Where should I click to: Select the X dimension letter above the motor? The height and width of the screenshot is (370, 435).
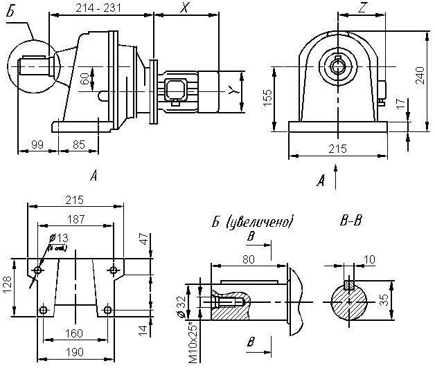(184, 8)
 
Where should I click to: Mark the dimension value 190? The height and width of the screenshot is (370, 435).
(74, 352)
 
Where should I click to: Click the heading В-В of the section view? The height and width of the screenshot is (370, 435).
(352, 222)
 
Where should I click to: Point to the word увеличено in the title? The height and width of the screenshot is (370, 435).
(264, 223)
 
